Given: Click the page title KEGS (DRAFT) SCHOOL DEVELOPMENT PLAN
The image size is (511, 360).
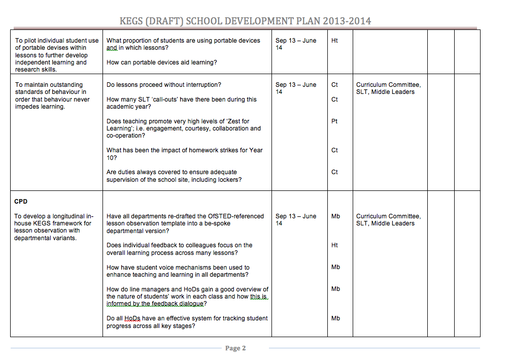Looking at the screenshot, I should click(245, 21).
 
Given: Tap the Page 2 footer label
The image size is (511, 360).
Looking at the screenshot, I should click(235, 348).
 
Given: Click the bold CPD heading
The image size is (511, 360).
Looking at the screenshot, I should click(21, 202).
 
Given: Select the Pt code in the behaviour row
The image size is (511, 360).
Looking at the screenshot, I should click(334, 121).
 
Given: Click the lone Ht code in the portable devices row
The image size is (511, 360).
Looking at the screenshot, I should click(334, 41).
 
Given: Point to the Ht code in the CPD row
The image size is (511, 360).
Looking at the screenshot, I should click(334, 245).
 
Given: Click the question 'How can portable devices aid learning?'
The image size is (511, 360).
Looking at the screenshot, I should click(161, 62).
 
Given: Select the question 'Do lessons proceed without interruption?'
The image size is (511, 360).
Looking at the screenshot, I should click(163, 85).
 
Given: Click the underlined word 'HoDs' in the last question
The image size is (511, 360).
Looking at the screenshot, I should click(132, 318).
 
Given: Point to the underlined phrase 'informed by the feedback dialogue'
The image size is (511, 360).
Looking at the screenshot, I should click(154, 304).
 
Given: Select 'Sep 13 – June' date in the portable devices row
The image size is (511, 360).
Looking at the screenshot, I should click(296, 41).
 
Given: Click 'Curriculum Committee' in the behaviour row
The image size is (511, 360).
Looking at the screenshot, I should click(388, 85).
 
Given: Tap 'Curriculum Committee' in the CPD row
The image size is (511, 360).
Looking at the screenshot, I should click(388, 216).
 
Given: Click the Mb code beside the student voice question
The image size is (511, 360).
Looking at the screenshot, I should click(335, 267).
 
